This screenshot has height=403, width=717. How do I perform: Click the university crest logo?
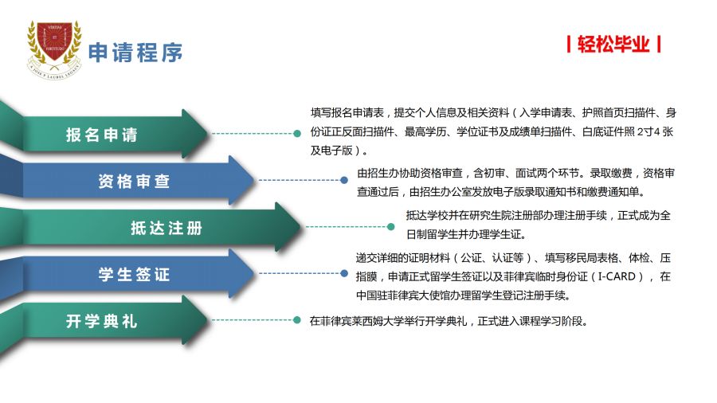click(54, 49)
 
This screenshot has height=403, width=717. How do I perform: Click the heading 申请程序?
click(135, 53)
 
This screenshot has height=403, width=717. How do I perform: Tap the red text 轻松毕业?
click(613, 45)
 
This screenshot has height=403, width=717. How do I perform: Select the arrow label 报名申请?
click(101, 135)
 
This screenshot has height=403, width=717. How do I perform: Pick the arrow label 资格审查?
click(134, 182)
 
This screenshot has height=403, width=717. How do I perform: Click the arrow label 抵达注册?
click(167, 228)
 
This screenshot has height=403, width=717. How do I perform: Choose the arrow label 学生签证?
click(134, 274)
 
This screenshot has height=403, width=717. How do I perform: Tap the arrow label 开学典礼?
click(101, 321)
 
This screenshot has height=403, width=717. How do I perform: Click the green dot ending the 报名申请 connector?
click(297, 134)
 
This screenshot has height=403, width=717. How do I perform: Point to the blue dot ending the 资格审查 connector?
click(344, 180)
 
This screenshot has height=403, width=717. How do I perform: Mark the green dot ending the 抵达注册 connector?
click(391, 227)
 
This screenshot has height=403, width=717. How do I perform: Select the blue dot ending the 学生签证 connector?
click(344, 273)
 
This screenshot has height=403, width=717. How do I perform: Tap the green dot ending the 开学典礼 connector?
click(297, 320)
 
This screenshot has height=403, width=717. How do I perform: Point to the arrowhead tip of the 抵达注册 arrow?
click(301, 227)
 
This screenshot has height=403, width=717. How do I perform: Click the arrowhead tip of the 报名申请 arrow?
click(209, 134)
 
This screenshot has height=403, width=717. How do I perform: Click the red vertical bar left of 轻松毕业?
click(568, 45)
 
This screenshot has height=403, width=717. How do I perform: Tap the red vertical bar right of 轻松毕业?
click(659, 45)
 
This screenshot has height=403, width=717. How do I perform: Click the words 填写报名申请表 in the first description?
click(347, 112)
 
